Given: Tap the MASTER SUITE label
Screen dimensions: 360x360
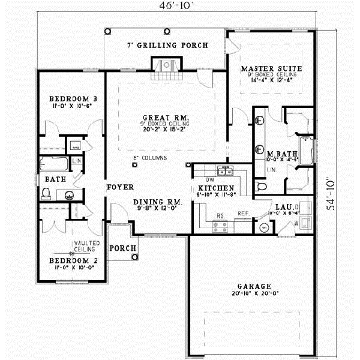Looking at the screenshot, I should coord(271,69).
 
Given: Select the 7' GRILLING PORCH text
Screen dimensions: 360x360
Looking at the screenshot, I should coord(167,46).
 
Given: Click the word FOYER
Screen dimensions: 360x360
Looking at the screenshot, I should coord(120,187).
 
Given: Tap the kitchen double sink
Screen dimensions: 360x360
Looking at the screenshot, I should coord(225,172).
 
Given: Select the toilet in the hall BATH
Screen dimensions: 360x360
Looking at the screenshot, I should coord(46,193).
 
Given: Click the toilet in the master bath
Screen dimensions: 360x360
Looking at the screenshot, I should coord(260,187).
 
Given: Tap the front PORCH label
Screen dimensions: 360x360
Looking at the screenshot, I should coord(123,248).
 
